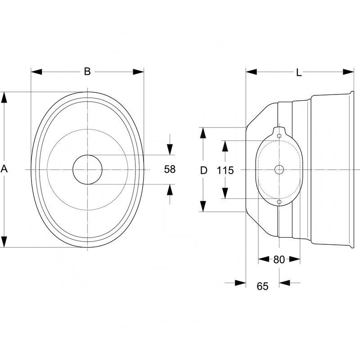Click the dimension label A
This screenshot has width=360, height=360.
click(x=4, y=169)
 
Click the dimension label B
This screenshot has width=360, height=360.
click(x=87, y=71)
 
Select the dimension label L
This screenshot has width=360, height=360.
click(x=299, y=72)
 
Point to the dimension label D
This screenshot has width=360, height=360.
click(x=203, y=170)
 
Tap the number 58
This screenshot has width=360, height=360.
click(x=170, y=170)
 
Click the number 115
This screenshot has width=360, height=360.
click(x=225, y=170)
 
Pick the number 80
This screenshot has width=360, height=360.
click(x=279, y=259)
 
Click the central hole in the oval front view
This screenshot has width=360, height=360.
click(x=87, y=169)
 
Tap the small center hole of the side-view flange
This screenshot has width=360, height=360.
click(x=279, y=169)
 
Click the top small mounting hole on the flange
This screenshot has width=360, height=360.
click(x=279, y=136)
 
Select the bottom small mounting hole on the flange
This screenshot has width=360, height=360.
click(x=279, y=202)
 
